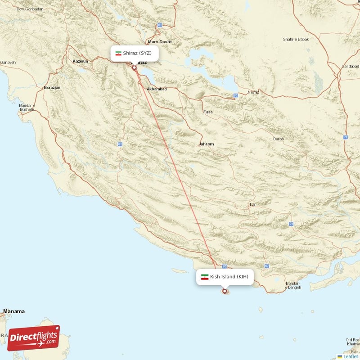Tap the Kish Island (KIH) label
229,277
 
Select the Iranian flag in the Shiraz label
118,53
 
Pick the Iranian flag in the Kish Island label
205,277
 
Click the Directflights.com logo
34,338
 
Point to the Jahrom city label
206,144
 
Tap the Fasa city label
208,112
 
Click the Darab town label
278,139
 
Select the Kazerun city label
80,61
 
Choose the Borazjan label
52,87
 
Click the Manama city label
14,311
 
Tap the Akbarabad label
157,89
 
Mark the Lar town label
252,205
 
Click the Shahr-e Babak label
296,39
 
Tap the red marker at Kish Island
225,291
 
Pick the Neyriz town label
253,92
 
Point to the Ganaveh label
8,62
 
